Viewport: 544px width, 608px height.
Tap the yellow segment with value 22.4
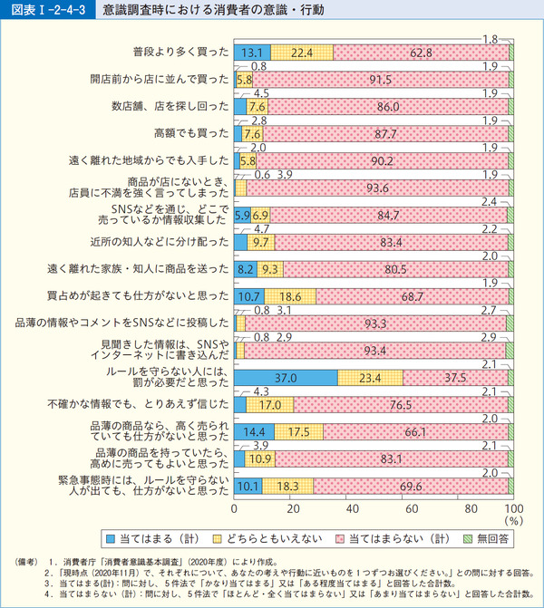302,53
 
